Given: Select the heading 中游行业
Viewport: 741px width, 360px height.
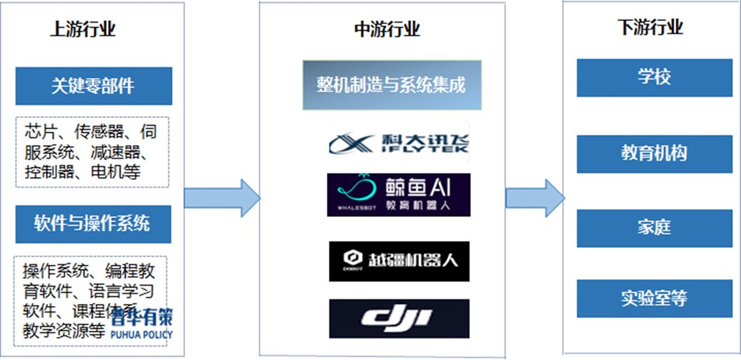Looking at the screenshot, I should pos(387,29).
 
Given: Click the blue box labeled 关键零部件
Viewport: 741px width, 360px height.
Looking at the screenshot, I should pos(93,86).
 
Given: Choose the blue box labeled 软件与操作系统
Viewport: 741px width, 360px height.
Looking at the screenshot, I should pos(93,224).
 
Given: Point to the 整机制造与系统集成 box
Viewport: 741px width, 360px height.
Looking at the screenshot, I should pos(392,85).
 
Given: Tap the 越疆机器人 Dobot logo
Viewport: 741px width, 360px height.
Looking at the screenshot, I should pos(399,260).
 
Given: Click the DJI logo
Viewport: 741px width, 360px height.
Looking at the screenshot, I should pos(399,318).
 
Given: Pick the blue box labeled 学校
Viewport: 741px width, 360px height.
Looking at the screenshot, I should pos(654,78).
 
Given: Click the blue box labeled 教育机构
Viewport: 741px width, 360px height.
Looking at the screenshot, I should pos(654,154).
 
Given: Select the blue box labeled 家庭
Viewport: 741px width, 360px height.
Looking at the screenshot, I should pos(654,228).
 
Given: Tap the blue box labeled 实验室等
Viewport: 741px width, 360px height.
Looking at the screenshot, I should pos(654,299).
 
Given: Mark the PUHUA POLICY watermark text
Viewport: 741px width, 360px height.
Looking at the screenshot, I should pos(140,334).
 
